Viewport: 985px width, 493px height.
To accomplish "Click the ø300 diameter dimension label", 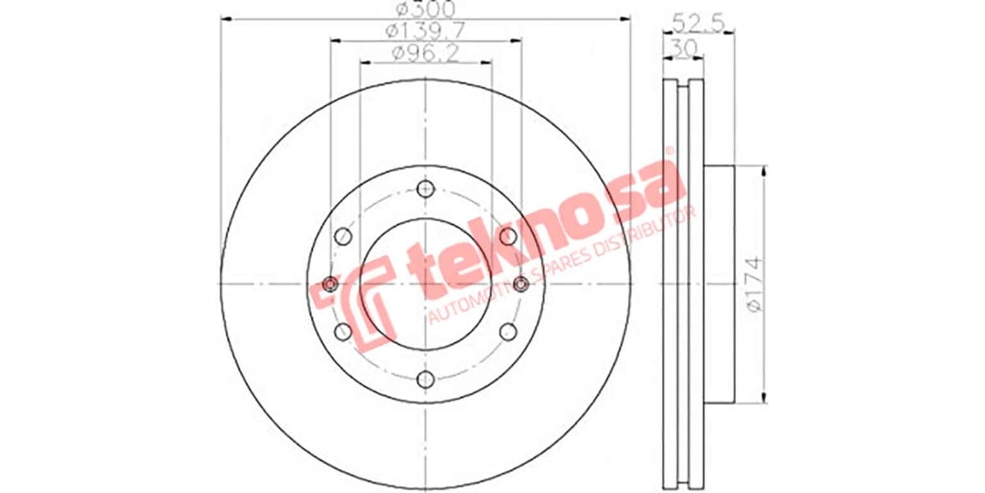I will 426,10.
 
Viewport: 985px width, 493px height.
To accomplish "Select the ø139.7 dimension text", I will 426,31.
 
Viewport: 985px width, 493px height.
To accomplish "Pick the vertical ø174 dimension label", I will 755,283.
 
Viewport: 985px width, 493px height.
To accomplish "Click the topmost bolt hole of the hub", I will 425,188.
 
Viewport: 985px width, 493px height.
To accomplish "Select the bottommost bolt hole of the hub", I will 425,379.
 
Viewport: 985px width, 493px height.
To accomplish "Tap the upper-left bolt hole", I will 343,236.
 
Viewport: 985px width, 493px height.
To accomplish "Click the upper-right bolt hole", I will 508,236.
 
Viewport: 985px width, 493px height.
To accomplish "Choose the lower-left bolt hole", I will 343,331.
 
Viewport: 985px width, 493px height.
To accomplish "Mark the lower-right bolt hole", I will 508,331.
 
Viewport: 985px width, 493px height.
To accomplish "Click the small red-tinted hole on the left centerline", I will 331,283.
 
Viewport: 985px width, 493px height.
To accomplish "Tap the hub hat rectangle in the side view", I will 718,283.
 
